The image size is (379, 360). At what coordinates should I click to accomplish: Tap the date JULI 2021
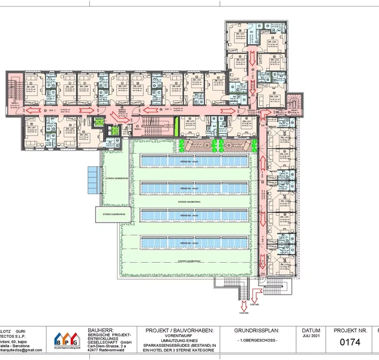point(311,337)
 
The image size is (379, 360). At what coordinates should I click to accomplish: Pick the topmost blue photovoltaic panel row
point(194,161)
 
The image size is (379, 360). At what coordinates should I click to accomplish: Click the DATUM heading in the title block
point(311,331)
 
